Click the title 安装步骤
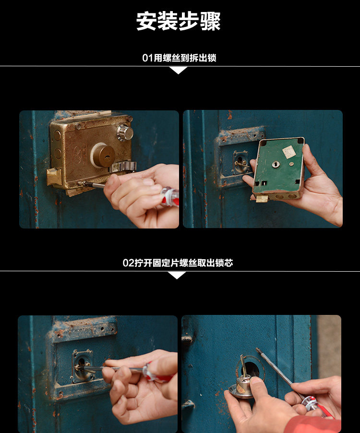click(179, 21)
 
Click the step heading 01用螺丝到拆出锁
click(179, 58)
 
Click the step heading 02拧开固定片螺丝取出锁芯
click(178, 263)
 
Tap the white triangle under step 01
click(179, 71)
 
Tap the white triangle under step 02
click(177, 276)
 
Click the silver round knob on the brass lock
click(124, 132)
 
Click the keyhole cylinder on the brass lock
click(103, 156)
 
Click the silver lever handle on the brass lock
click(123, 167)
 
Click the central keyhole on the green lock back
click(276, 165)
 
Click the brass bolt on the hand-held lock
click(262, 198)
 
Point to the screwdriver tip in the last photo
click(257, 349)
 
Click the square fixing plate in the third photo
click(82, 366)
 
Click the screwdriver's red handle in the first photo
click(169, 197)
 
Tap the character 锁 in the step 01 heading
click(212, 58)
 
